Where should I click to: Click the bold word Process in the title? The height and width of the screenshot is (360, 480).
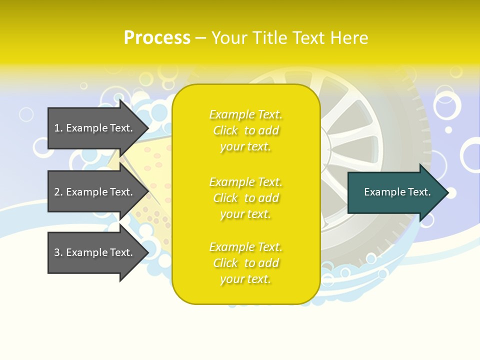157,38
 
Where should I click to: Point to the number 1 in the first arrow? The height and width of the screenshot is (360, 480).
57,128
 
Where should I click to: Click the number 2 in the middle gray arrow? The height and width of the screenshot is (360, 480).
57,192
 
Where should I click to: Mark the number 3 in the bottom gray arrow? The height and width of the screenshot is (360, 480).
57,252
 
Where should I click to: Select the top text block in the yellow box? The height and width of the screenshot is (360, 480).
245,130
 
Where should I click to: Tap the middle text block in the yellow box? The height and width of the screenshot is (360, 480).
245,198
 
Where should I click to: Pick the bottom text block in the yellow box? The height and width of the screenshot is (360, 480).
245,263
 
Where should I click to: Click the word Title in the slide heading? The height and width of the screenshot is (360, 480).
270,38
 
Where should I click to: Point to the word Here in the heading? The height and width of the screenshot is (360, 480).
349,38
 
